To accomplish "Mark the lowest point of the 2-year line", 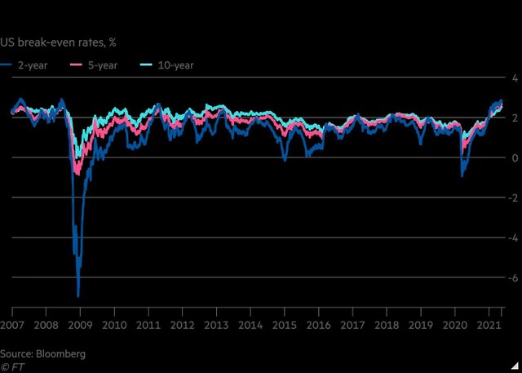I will [x=78, y=295].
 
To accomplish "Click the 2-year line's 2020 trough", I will [x=462, y=175].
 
